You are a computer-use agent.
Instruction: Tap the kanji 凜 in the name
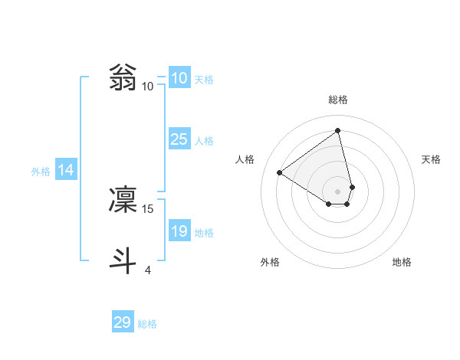click(123, 199)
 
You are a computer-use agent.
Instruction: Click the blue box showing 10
click(179, 78)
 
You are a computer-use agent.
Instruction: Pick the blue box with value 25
click(179, 139)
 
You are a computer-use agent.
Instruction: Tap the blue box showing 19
click(179, 231)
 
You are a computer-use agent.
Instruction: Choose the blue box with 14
click(66, 170)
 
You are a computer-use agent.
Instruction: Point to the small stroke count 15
click(149, 208)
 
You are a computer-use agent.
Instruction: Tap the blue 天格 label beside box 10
click(204, 80)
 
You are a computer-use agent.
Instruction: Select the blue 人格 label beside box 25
click(204, 141)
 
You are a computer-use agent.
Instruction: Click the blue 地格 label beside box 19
click(204, 233)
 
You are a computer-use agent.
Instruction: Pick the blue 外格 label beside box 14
click(41, 172)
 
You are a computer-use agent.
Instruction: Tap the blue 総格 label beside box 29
click(147, 324)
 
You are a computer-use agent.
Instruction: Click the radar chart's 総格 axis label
click(338, 100)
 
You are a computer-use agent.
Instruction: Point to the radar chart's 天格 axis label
click(431, 159)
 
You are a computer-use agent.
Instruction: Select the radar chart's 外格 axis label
click(270, 262)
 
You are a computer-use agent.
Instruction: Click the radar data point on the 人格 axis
click(280, 172)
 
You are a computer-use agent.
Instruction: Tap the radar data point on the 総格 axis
click(338, 130)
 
